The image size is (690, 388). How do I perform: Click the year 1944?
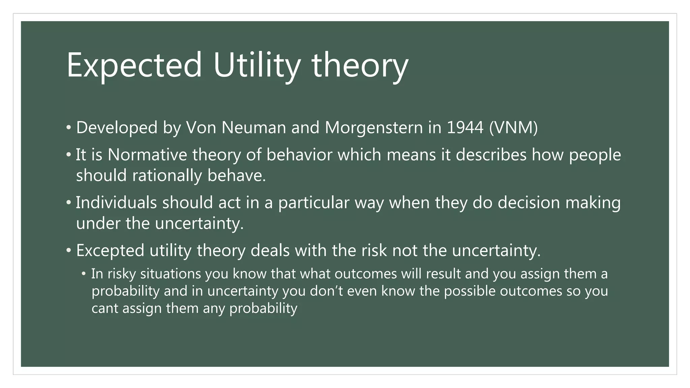point(465,128)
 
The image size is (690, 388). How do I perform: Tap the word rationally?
point(167,175)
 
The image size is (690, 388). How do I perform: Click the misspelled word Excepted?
point(110,251)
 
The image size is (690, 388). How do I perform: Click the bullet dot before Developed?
point(69,128)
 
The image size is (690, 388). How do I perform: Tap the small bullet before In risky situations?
point(84,274)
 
